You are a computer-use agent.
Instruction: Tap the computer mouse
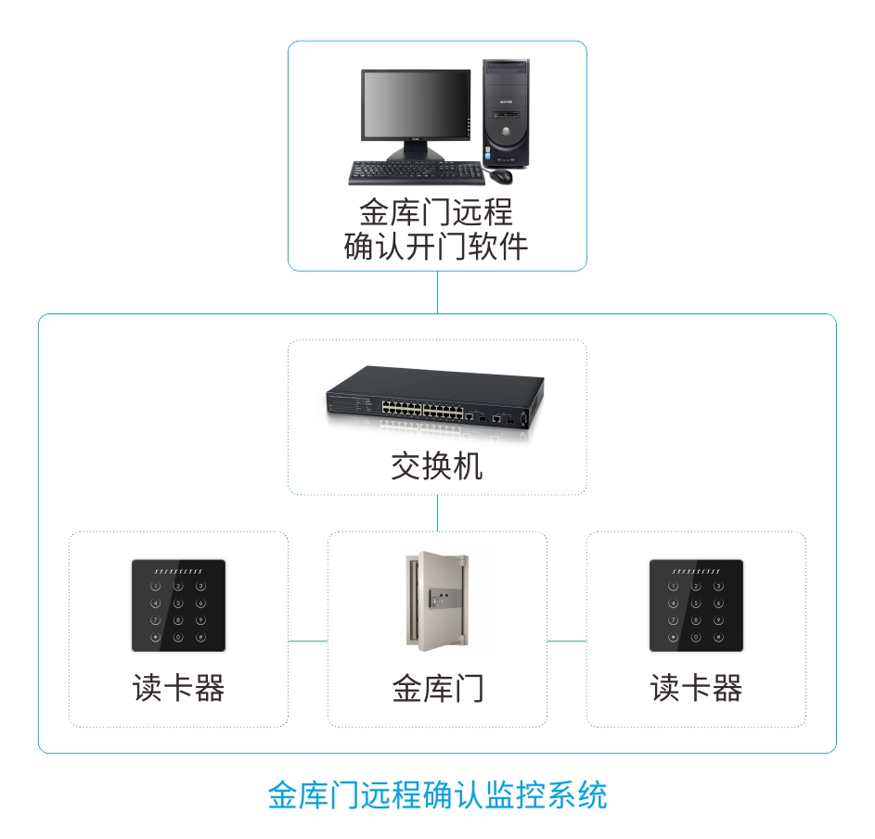[x=501, y=174]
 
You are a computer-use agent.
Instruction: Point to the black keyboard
[x=417, y=172]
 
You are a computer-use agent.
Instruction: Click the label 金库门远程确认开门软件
[x=436, y=229]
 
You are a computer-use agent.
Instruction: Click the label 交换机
[x=437, y=466]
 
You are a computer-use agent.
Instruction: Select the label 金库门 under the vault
[x=437, y=689]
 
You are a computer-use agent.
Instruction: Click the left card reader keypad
[x=178, y=604]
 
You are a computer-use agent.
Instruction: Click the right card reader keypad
[x=696, y=604]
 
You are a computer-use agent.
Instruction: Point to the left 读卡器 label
[x=178, y=689]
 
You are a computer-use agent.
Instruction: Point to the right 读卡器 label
[x=696, y=689]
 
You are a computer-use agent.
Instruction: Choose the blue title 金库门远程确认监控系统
[x=437, y=795]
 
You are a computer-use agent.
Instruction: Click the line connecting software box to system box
[x=437, y=292]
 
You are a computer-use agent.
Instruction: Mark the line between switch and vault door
[x=437, y=513]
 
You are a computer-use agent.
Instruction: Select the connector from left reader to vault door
[x=308, y=641]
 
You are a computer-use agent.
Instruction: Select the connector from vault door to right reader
[x=566, y=641]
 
